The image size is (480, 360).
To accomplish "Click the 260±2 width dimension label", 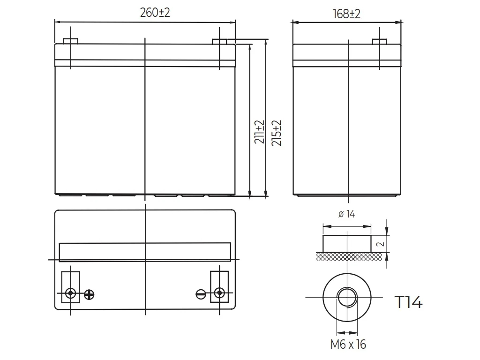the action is [x=155, y=13].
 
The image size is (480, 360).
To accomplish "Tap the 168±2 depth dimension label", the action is [x=346, y=14].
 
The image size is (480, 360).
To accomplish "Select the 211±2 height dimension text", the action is [x=259, y=132].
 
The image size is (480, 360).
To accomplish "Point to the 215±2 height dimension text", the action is [x=277, y=133].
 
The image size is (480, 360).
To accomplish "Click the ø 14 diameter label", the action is [x=346, y=214].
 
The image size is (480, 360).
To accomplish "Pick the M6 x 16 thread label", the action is [x=348, y=345].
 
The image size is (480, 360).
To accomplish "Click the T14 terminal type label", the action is [x=409, y=302].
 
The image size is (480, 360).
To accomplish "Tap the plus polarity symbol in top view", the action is [x=89, y=294].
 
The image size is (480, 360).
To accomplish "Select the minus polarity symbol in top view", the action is [x=201, y=294].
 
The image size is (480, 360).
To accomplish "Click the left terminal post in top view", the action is [x=71, y=293].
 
